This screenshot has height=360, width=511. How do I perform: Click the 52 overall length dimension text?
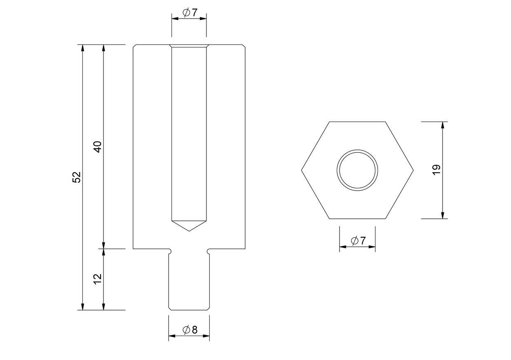77,177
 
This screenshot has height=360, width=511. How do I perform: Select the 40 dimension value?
98,147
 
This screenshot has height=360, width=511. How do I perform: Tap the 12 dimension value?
98,279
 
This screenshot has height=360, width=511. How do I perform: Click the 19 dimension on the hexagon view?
436,170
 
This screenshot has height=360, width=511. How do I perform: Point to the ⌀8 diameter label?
190,330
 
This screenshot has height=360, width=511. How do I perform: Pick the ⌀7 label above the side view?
190,12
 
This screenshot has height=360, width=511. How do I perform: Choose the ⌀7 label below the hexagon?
358,241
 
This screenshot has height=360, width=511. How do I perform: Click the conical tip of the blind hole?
189,231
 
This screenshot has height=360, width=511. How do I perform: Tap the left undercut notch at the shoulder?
170,251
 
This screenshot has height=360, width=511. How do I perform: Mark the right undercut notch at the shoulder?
208,251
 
